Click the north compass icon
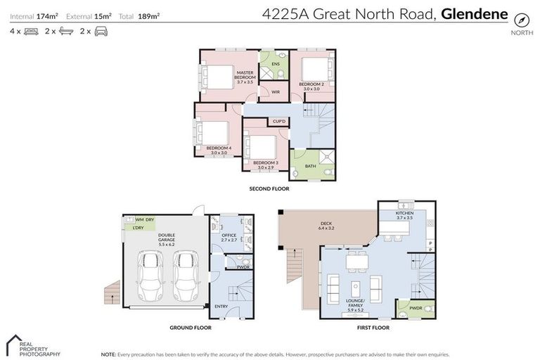pyautogui.click(x=521, y=20)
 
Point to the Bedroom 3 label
pyautogui.click(x=266, y=165)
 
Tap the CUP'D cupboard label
pyautogui.click(x=279, y=122)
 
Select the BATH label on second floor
pyautogui.click(x=310, y=167)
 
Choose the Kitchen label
pyautogui.click(x=404, y=215)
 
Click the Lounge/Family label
pyautogui.click(x=354, y=304)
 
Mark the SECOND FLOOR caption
pyautogui.click(x=269, y=188)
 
